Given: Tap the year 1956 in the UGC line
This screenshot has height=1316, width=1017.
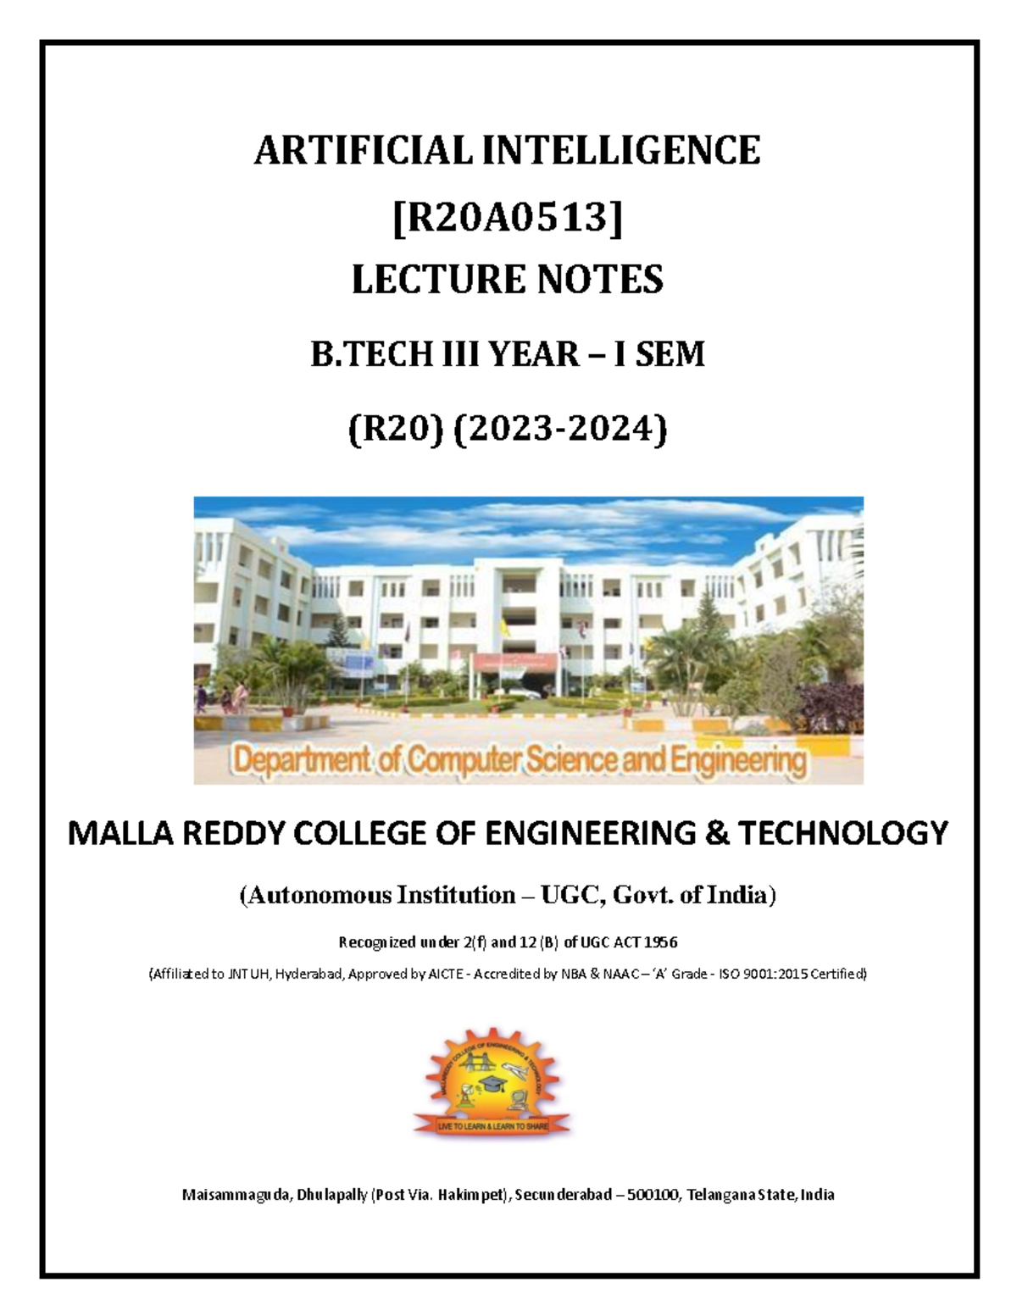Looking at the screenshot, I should point(660,942).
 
